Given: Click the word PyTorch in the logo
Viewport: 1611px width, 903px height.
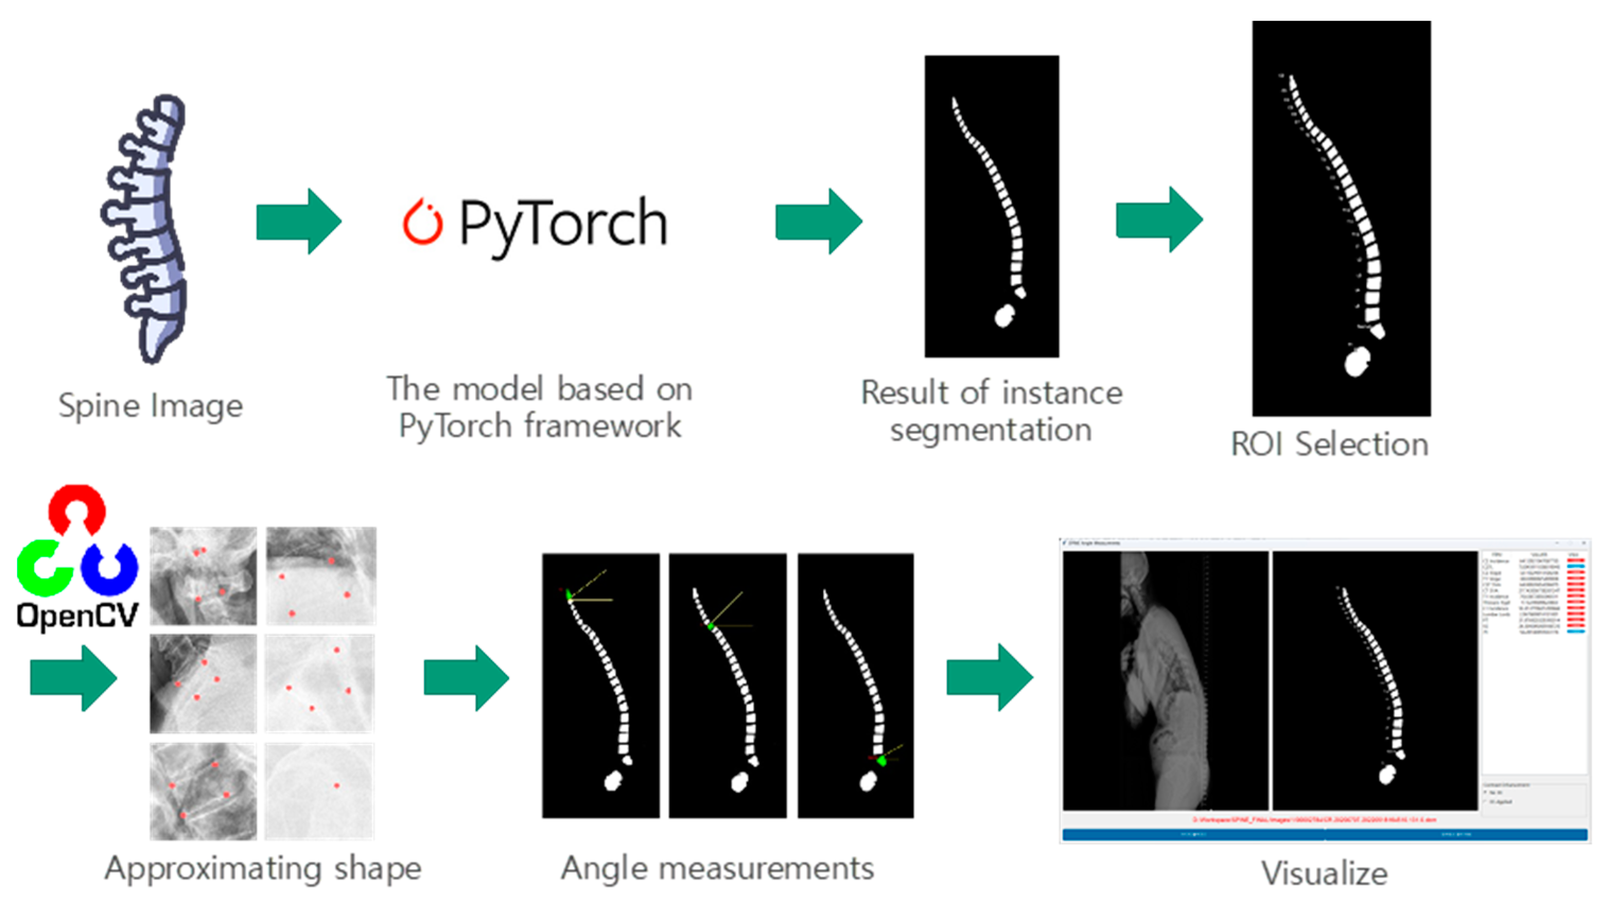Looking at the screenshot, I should point(563,224).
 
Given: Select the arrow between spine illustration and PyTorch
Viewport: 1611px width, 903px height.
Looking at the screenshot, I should point(299,221).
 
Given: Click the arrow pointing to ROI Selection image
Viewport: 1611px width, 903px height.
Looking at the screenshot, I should point(1159,220).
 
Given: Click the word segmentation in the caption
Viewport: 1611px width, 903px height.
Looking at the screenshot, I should point(991,430).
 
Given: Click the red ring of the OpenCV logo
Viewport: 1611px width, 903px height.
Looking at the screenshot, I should point(77,508).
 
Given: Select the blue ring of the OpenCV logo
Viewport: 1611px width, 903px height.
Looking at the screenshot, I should point(110,568).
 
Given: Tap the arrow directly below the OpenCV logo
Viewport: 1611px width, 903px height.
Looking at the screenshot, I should point(73,678).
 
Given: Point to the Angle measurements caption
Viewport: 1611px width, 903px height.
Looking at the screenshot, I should point(717,868).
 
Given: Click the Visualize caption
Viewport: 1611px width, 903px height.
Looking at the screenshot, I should point(1324,873).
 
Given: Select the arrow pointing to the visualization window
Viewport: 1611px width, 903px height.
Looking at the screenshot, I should point(989,677).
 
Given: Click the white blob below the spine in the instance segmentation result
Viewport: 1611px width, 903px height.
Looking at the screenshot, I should point(1004,317).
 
